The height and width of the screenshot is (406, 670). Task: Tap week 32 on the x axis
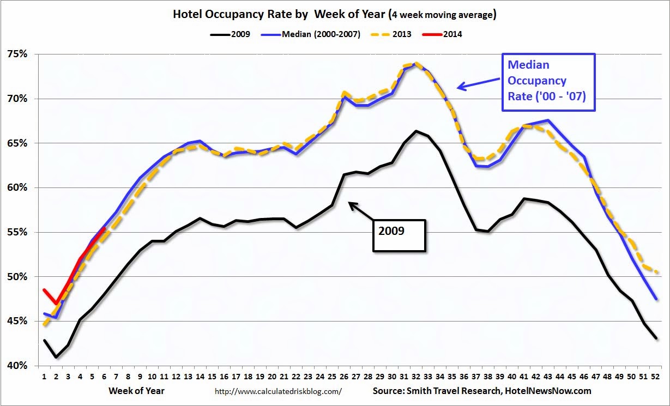[x=416, y=376]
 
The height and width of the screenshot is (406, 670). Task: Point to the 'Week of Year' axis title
[x=136, y=391]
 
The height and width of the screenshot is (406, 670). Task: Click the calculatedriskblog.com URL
[x=279, y=391]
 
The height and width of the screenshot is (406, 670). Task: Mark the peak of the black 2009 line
[x=416, y=131]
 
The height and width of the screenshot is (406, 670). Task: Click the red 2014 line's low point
[x=56, y=304]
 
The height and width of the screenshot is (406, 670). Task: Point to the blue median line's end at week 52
[x=656, y=299]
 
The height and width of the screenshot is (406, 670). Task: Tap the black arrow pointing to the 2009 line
[x=360, y=210]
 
